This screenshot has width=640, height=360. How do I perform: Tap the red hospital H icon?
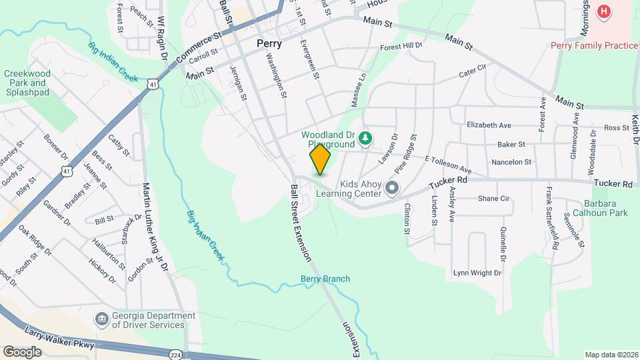coord(604,11)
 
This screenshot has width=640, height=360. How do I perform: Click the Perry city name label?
coord(269,43)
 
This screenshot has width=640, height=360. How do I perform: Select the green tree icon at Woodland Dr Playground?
coord(365,138)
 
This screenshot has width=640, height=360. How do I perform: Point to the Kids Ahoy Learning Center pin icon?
coord(391,189)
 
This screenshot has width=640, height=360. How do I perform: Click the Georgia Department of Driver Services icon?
coord(101,319)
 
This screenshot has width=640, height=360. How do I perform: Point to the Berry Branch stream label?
coord(325,279)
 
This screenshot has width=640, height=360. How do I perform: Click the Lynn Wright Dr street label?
coord(477,273)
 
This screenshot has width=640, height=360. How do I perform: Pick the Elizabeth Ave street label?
coord(489,125)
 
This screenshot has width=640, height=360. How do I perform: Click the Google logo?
coord(22,351)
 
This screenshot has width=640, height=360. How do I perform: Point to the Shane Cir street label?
coord(493,198)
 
